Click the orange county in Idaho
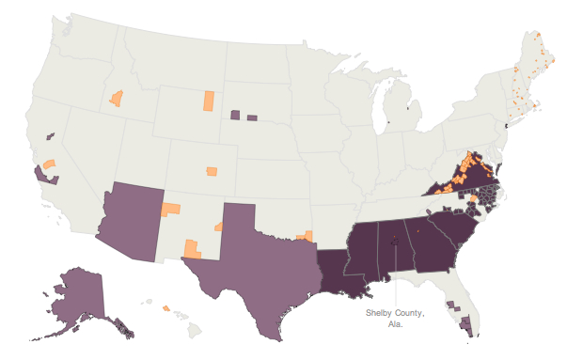117,97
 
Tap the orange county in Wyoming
209,101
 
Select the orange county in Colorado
213,171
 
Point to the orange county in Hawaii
166,307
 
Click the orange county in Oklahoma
304,236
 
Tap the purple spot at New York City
506,124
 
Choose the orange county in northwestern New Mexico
171,208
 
